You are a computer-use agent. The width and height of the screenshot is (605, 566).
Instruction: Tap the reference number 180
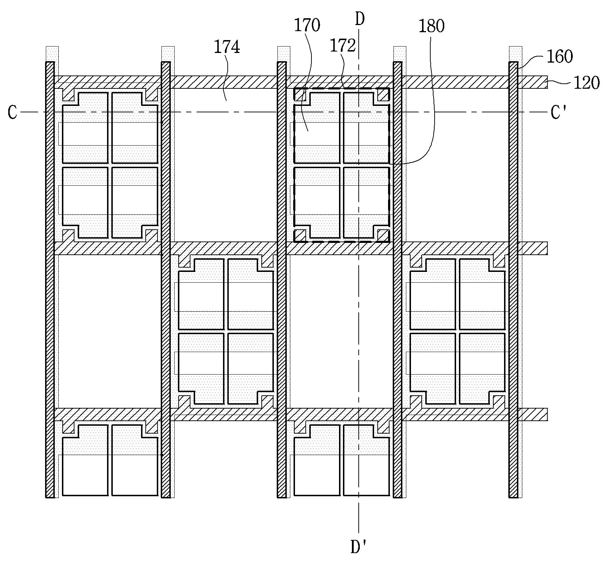(431, 26)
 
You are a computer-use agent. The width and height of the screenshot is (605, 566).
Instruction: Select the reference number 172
(343, 46)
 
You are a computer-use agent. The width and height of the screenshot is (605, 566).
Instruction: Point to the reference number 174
(227, 47)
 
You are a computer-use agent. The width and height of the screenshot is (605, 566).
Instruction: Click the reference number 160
(560, 57)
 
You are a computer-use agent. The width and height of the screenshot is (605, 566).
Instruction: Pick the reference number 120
(586, 83)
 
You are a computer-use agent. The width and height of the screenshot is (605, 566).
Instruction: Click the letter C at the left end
(13, 112)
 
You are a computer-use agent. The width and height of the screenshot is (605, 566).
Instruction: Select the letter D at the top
(360, 20)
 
